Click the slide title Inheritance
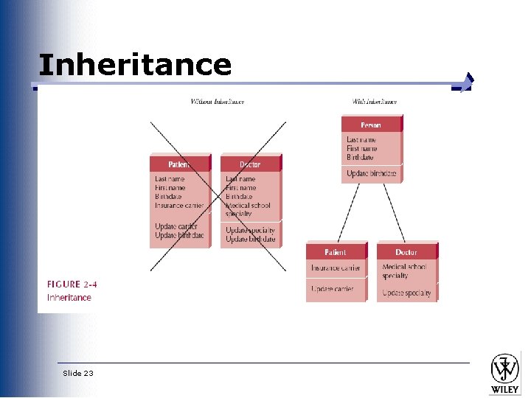tap(135, 65)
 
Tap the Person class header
tap(371, 125)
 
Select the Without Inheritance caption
tap(218, 101)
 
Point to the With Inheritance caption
tap(375, 101)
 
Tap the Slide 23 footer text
tap(78, 374)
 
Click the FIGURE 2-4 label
tap(72, 284)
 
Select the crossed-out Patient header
tap(179, 164)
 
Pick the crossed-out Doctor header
tap(250, 164)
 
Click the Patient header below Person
tap(336, 252)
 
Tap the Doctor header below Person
tap(406, 252)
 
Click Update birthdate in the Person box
tap(371, 174)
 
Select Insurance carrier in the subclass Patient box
tap(336, 268)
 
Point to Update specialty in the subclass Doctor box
tap(406, 293)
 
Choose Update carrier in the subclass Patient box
tap(333, 288)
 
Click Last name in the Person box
tap(361, 139)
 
